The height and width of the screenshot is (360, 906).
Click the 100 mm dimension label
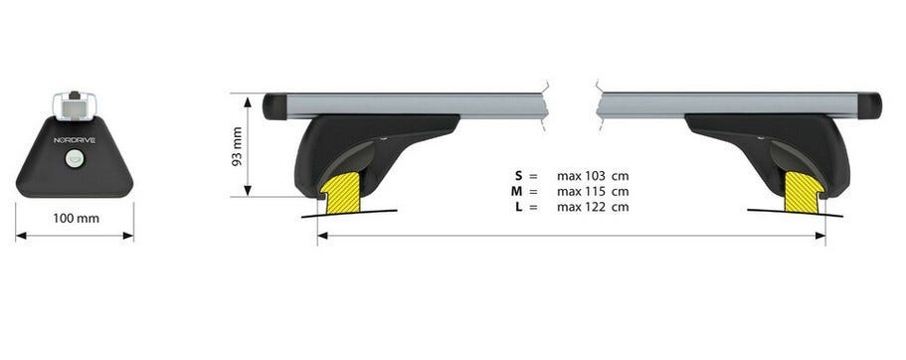[77, 219]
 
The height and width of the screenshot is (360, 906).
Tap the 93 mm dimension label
[237, 147]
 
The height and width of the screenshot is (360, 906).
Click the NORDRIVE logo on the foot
[75, 140]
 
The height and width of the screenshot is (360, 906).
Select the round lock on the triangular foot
[75, 158]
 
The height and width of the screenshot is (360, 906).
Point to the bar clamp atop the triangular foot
[75, 105]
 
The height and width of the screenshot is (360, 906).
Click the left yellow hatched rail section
[340, 192]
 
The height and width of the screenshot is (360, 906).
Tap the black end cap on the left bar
[275, 106]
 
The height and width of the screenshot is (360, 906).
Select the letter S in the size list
[519, 176]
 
